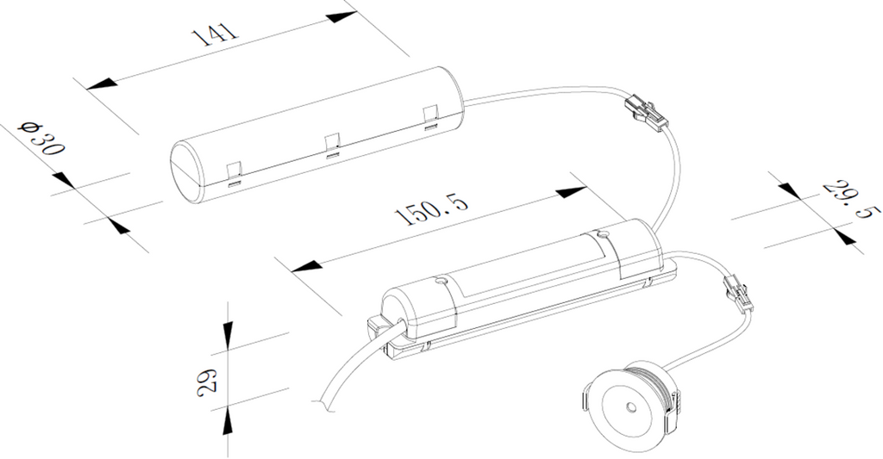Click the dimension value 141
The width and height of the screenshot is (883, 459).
215,34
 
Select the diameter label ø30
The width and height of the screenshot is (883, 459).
41,138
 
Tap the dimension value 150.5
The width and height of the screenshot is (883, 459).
431,209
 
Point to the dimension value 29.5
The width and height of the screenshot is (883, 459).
851,199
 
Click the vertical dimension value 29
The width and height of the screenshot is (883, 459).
206,382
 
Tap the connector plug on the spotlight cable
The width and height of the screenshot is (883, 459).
737,291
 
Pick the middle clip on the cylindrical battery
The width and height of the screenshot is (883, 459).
332,146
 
